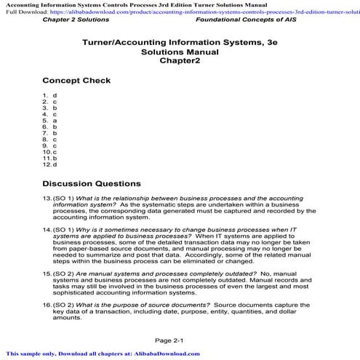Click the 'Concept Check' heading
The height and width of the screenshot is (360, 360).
tap(76, 81)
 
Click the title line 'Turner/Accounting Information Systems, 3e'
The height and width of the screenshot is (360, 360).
tap(180, 44)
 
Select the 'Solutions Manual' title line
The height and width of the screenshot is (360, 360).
tap(180, 53)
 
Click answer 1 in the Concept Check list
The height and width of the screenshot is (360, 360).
tap(55, 95)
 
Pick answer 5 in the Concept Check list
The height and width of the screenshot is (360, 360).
tap(55, 121)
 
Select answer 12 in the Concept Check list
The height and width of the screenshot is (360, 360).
tap(55, 164)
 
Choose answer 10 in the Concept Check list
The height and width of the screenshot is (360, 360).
tap(55, 152)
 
